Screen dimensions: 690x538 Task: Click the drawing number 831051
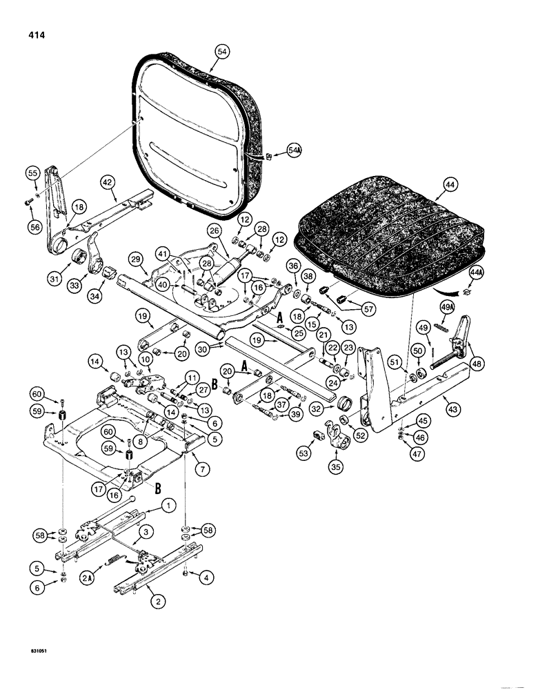[x=26, y=669]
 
